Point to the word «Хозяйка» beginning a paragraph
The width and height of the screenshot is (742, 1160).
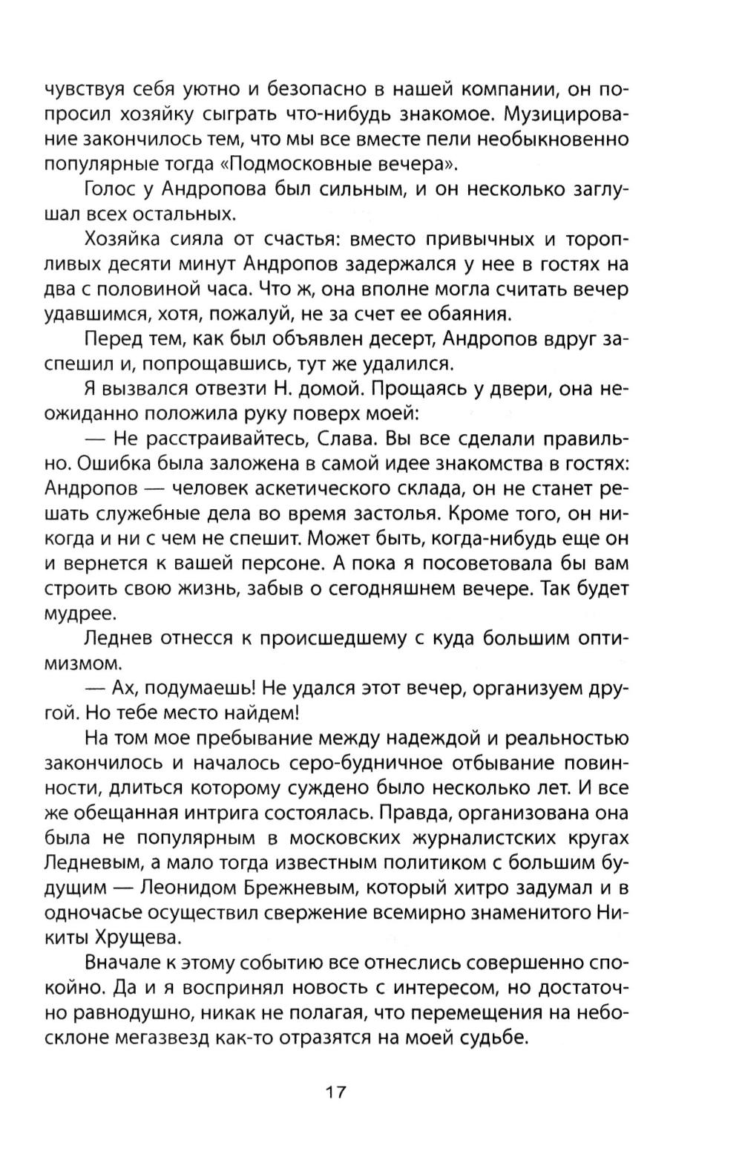point(124,240)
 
